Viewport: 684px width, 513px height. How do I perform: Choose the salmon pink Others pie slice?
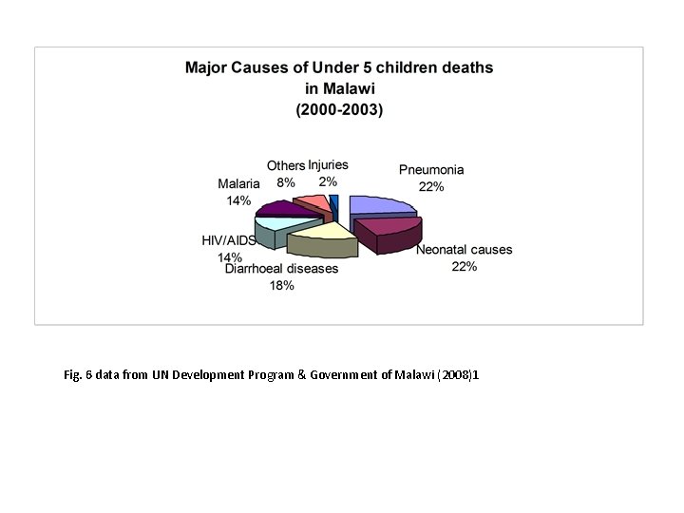tap(312, 201)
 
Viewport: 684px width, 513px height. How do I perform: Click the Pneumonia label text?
tap(431, 170)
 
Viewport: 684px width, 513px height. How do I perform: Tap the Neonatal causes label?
tap(464, 250)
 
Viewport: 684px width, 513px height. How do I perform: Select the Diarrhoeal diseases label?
tap(281, 269)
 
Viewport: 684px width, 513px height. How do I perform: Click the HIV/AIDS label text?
tap(228, 241)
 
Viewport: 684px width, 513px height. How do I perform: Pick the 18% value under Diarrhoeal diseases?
tap(281, 286)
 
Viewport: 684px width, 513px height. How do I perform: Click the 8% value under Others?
tap(286, 182)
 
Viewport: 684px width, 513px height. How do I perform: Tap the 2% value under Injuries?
tap(328, 181)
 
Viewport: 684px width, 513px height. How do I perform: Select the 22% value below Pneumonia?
tap(431, 187)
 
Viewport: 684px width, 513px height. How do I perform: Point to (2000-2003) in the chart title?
tap(338, 109)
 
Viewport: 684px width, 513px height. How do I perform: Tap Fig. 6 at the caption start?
tap(75, 376)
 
